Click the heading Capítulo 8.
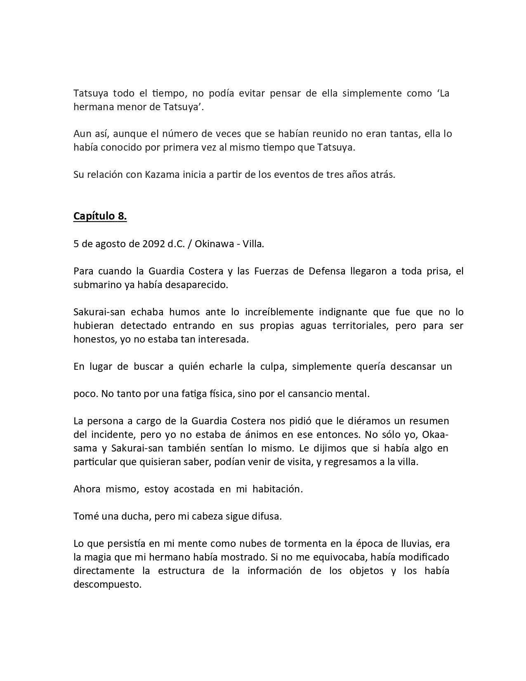point(100,216)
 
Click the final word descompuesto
point(107,584)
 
